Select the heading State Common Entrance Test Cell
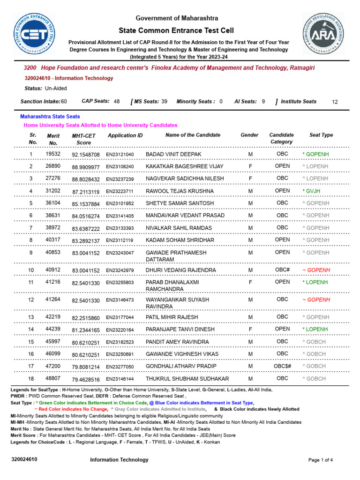pos(177,30)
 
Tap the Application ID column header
pos(125,135)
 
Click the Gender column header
pos(249,135)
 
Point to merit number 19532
pos(53,154)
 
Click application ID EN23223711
pos(120,191)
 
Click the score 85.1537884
pos(86,203)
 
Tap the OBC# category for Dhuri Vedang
pos(282,270)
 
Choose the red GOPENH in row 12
pos(316,300)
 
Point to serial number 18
pos(31,378)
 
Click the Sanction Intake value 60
pos(64,101)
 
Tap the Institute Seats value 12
pos(334,102)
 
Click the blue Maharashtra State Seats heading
pos(50,116)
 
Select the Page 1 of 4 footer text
pos(321,460)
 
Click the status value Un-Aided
pos(56,88)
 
